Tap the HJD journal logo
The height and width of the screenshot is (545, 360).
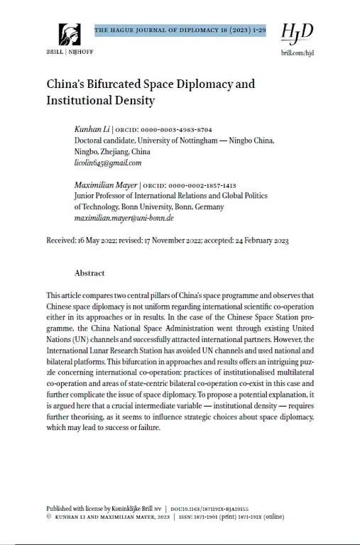pyautogui.click(x=297, y=33)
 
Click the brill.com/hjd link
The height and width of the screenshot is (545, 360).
pyautogui.click(x=297, y=52)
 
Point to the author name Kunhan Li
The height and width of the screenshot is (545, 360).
pyautogui.click(x=92, y=130)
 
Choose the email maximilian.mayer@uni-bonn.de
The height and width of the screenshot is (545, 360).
pyautogui.click(x=124, y=218)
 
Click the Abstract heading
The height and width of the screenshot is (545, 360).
pyautogui.click(x=89, y=273)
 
